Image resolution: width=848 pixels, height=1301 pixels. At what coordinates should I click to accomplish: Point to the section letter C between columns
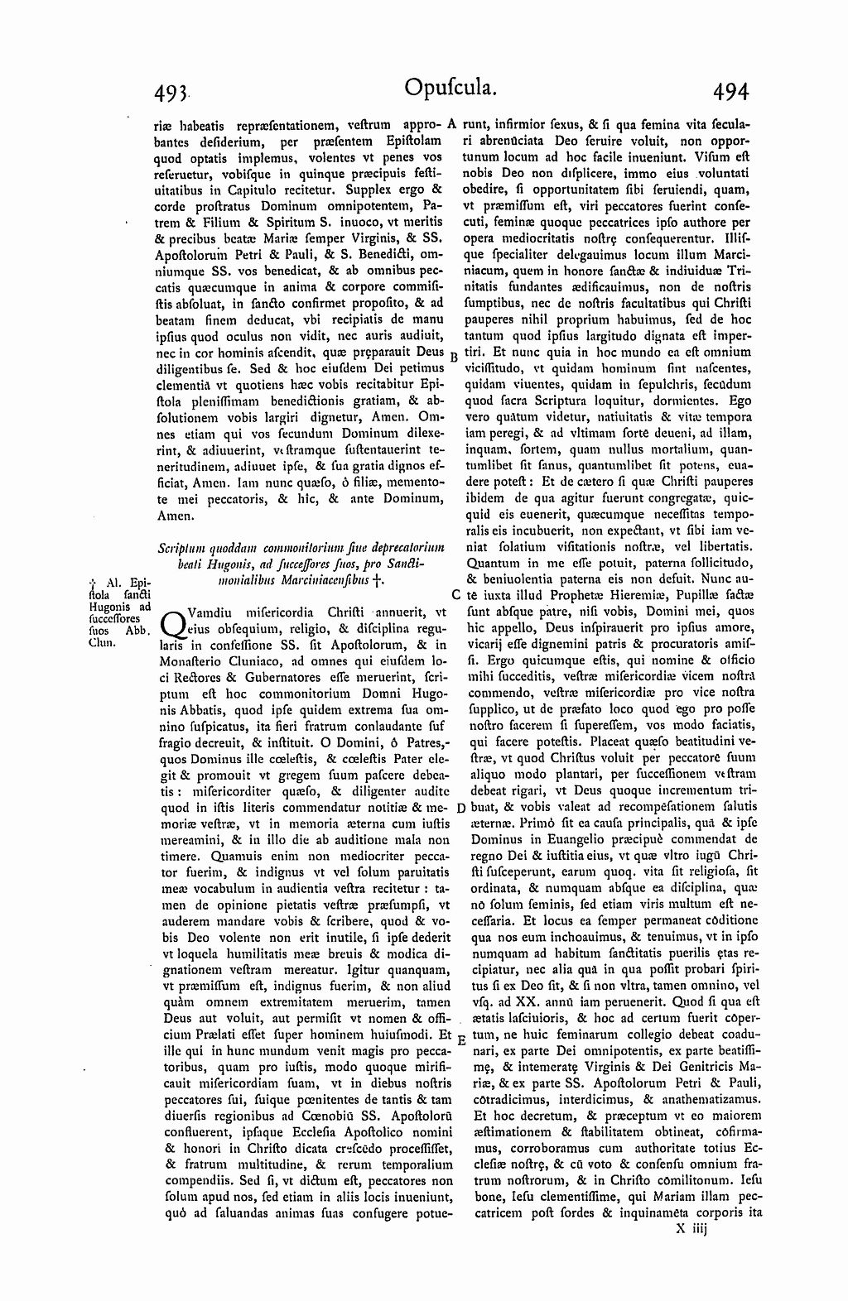click(x=455, y=594)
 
